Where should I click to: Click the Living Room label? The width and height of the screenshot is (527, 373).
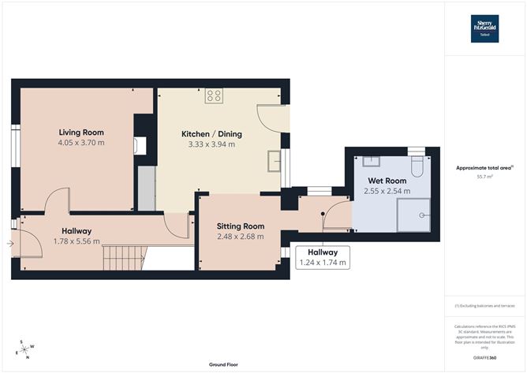click(x=81, y=132)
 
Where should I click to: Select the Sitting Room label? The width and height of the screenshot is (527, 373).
click(x=240, y=226)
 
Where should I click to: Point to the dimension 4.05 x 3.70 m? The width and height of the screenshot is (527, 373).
click(x=81, y=143)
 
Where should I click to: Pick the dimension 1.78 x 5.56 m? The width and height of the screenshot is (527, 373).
click(x=77, y=241)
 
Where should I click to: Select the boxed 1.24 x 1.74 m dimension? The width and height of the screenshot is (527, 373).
click(x=321, y=262)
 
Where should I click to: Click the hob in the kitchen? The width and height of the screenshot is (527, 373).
click(x=214, y=96)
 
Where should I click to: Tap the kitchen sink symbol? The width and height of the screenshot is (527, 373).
click(x=274, y=161)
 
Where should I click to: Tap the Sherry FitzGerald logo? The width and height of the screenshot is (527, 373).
click(x=484, y=27)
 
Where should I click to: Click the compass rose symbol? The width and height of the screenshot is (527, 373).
click(x=25, y=349)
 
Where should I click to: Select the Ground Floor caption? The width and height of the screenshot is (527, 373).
click(x=224, y=365)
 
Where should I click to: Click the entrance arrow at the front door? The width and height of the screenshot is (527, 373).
click(x=9, y=244)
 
